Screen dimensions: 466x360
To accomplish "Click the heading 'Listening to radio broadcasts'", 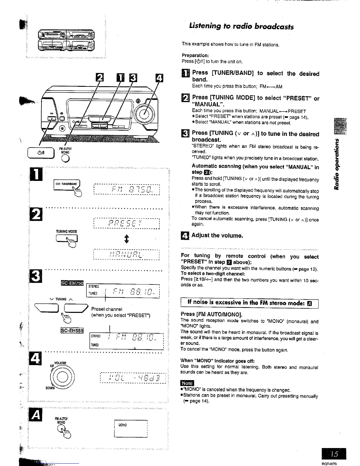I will click(241, 26).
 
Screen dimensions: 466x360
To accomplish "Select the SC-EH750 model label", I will click(72, 283).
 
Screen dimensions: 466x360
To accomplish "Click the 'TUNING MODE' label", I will click(66, 232).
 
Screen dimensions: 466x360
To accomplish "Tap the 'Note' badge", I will click(187, 383).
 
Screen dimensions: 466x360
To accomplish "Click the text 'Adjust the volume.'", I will click(217, 235).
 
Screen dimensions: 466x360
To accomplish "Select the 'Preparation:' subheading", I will click(195, 55).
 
